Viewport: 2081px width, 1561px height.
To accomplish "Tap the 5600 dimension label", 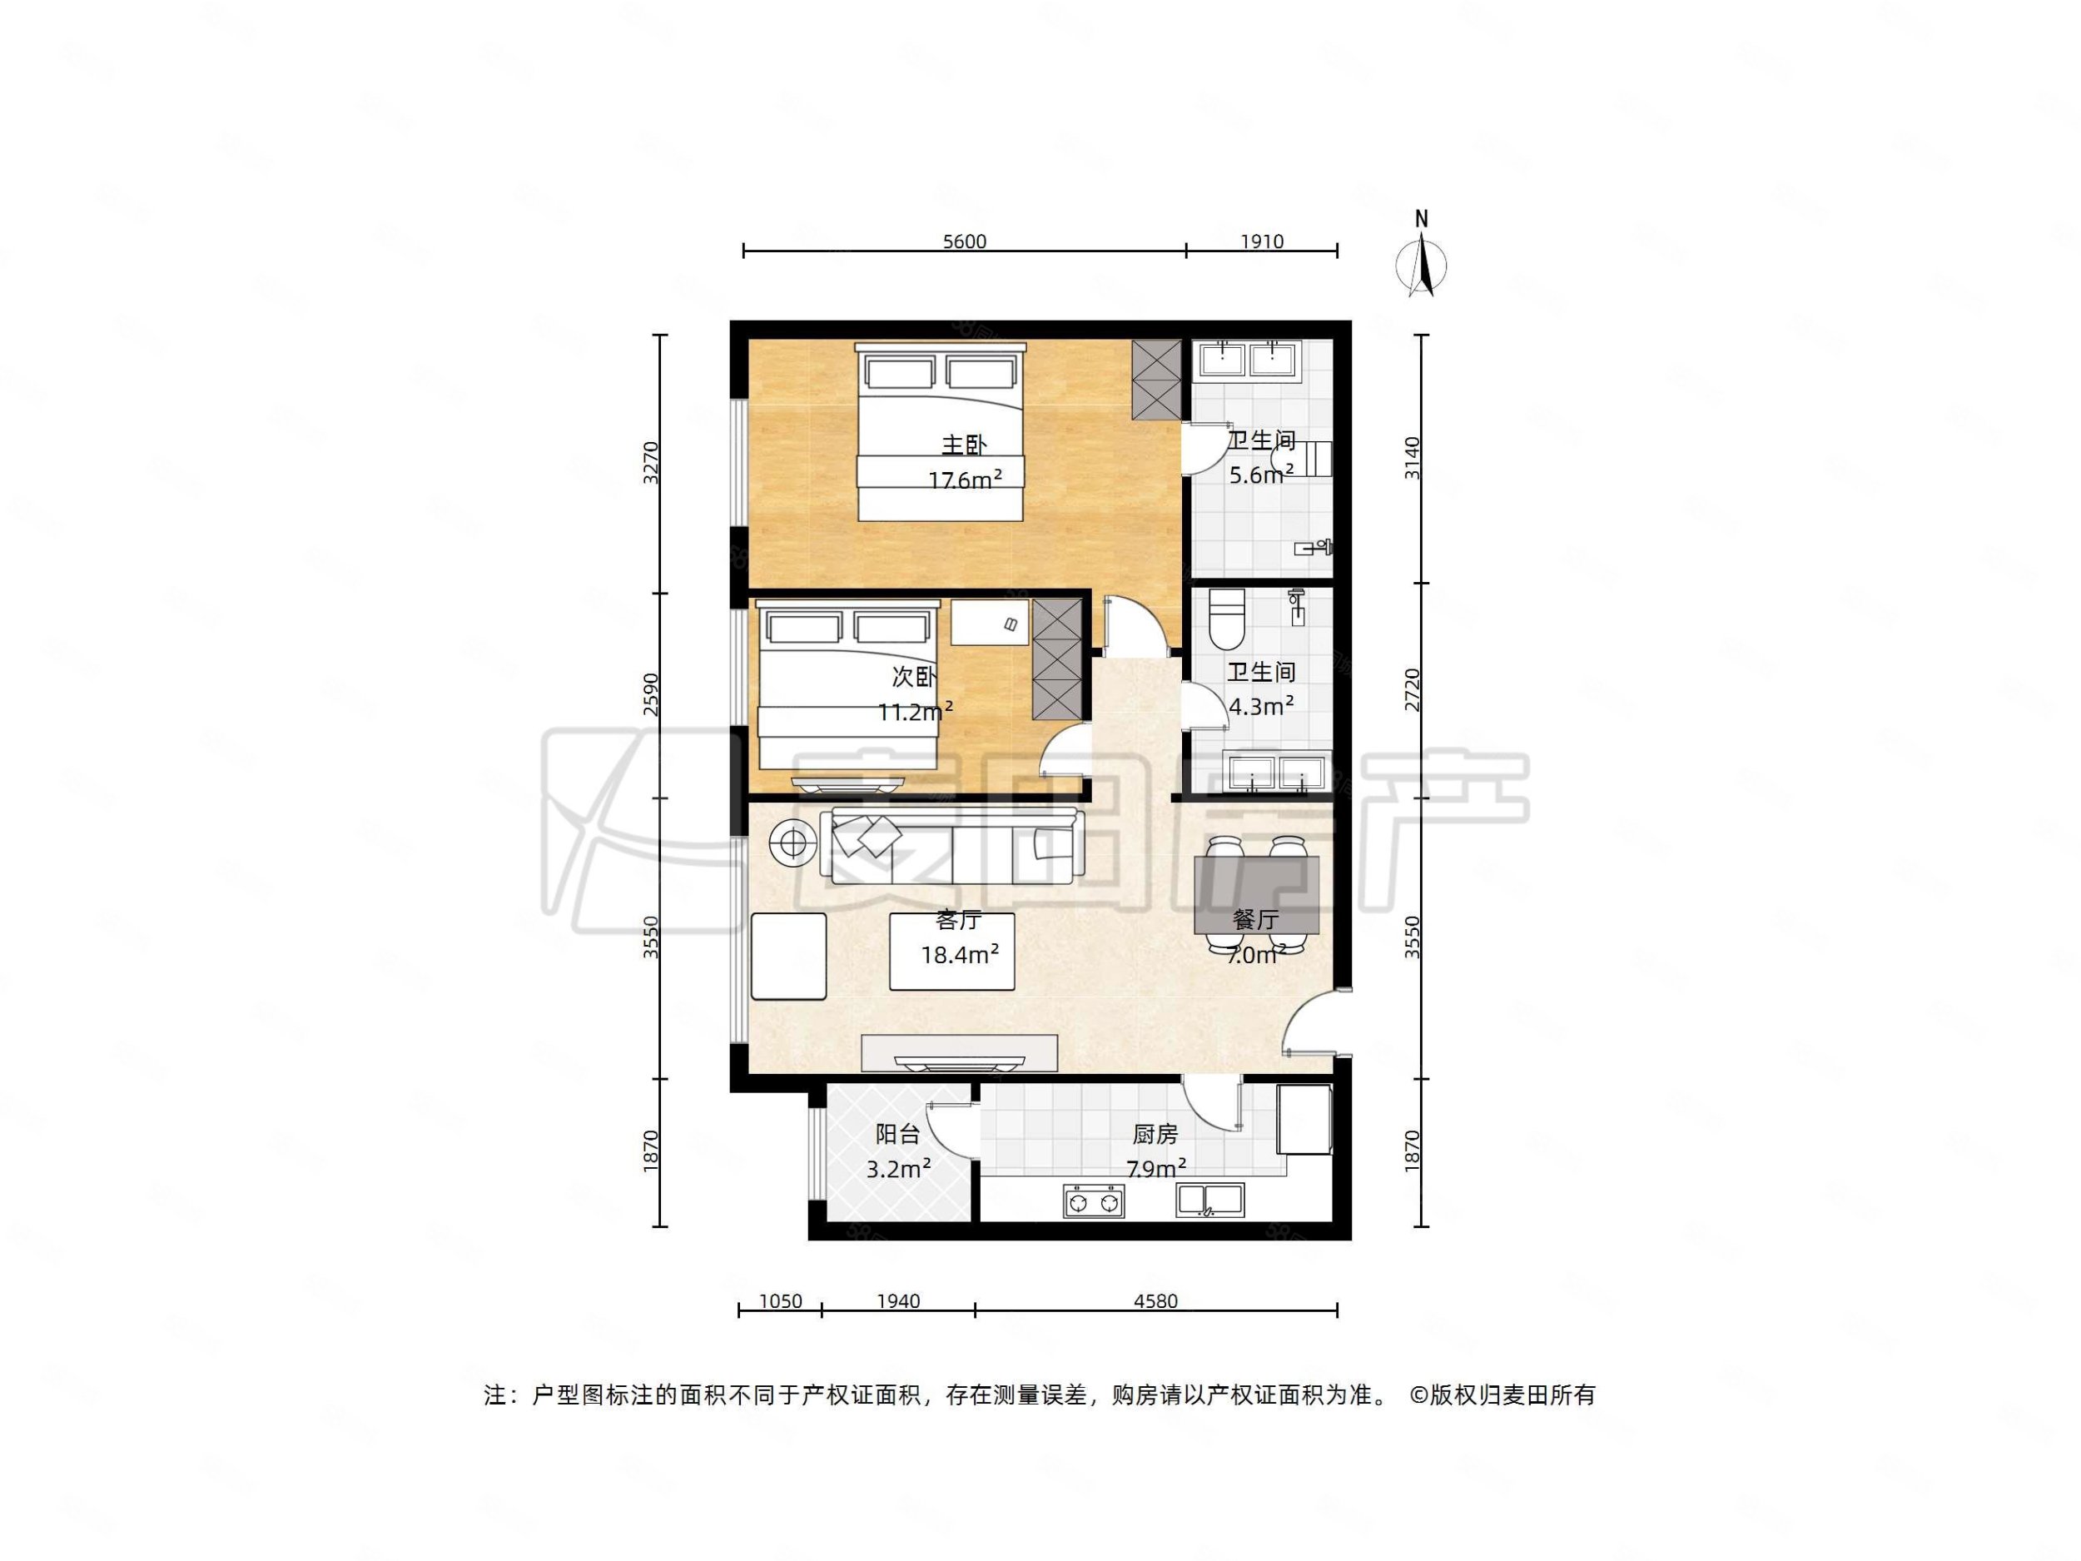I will (x=964, y=241).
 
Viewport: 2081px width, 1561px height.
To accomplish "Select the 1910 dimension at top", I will (x=1262, y=241).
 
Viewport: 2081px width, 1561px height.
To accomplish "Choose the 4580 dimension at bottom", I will (x=1155, y=1301).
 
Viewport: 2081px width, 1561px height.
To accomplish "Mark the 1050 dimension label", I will (x=780, y=1301).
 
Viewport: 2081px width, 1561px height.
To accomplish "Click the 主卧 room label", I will (x=964, y=445).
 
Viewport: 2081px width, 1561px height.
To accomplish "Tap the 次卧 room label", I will (x=913, y=678).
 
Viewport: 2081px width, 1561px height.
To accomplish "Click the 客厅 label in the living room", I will (x=959, y=919).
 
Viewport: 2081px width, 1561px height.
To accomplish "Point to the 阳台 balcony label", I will (x=897, y=1135).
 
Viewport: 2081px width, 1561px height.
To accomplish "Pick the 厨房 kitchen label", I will (x=1155, y=1135).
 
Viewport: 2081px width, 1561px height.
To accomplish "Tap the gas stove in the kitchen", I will (x=1093, y=1201).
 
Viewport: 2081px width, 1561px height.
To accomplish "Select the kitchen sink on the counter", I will (x=1209, y=1200).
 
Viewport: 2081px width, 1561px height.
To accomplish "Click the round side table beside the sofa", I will (x=793, y=843).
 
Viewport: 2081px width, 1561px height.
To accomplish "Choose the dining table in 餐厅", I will (x=1256, y=895).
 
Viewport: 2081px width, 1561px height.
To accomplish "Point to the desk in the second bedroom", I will (x=990, y=623).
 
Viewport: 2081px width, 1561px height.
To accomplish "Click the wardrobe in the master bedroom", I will (x=1156, y=379).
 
